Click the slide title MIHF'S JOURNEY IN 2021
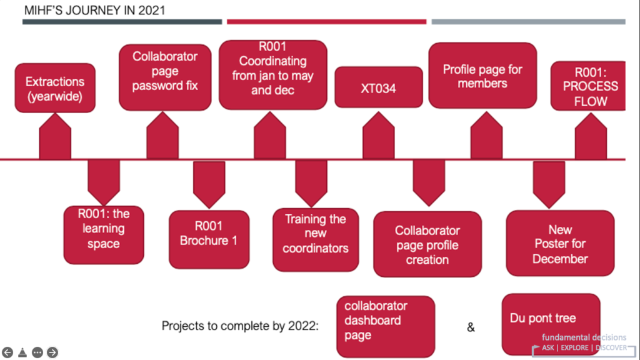click(x=94, y=11)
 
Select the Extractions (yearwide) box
click(x=55, y=88)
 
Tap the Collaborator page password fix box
click(x=165, y=77)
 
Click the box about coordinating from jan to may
click(x=273, y=75)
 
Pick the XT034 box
click(x=378, y=87)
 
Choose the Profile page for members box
click(x=482, y=76)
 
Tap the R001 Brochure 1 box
click(x=209, y=239)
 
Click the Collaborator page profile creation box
click(x=427, y=244)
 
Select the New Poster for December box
click(x=560, y=243)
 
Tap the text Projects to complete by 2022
click(x=240, y=326)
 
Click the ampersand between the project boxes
click(x=471, y=327)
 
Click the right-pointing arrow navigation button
click(x=52, y=352)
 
